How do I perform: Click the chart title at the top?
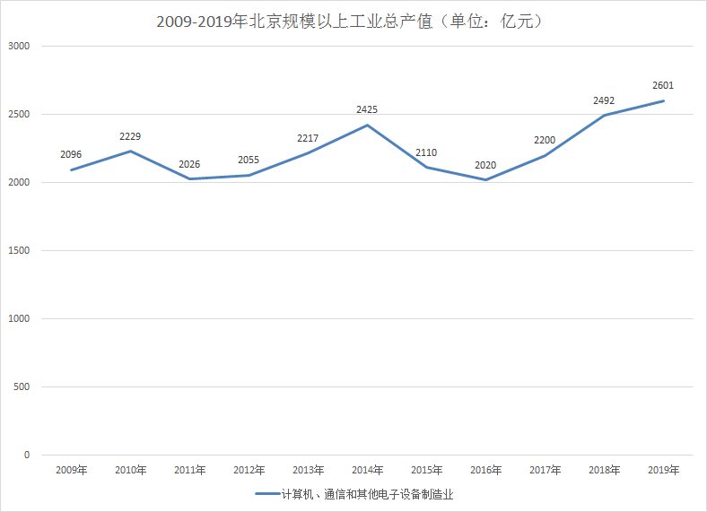pyautogui.click(x=353, y=22)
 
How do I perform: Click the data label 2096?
pyautogui.click(x=71, y=154)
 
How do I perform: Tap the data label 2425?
pyautogui.click(x=367, y=109)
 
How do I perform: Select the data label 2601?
pyautogui.click(x=663, y=85)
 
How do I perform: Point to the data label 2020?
pyautogui.click(x=485, y=164)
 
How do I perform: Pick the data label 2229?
pyautogui.click(x=130, y=136)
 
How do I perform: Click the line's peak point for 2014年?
pyautogui.click(x=367, y=125)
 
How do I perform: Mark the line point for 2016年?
pyautogui.click(x=485, y=180)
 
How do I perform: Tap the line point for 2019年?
pyautogui.click(x=663, y=100)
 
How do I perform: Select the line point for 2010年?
pyautogui.click(x=130, y=151)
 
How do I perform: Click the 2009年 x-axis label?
pyautogui.click(x=71, y=470)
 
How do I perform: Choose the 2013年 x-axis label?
pyautogui.click(x=308, y=470)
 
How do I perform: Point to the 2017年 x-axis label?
pyautogui.click(x=545, y=470)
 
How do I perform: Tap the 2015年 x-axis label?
pyautogui.click(x=426, y=470)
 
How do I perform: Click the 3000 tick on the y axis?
pyautogui.click(x=19, y=46)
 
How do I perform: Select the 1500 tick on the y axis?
pyautogui.click(x=19, y=251)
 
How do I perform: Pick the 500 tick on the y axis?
pyautogui.click(x=22, y=387)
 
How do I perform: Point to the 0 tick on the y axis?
pyautogui.click(x=27, y=456)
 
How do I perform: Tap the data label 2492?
pyautogui.click(x=604, y=100)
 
